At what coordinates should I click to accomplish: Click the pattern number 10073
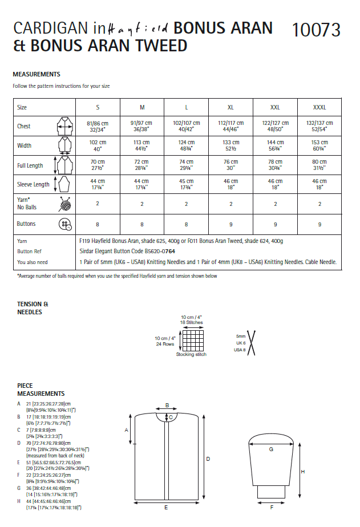pyautogui.click(x=315, y=30)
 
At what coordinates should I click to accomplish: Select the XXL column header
pyautogui.click(x=275, y=107)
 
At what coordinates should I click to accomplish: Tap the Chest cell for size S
pyautogui.click(x=97, y=126)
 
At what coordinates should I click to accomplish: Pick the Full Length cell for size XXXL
pyautogui.click(x=319, y=165)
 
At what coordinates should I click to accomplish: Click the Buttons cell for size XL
pyautogui.click(x=230, y=224)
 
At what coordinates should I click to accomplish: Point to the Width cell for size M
pyautogui.click(x=142, y=145)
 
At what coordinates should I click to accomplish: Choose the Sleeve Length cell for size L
pyautogui.click(x=187, y=184)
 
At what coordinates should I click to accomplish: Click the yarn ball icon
pyautogui.click(x=64, y=204)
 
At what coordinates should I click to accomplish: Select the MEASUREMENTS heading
pyautogui.click(x=37, y=74)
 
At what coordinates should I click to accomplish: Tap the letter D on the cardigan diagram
pyautogui.click(x=208, y=459)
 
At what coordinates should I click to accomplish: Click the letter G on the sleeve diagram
pyautogui.click(x=271, y=449)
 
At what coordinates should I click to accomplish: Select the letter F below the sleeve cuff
pyautogui.click(x=271, y=506)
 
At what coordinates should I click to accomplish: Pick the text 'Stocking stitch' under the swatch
pyautogui.click(x=191, y=354)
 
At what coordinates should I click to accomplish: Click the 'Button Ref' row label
pyautogui.click(x=29, y=252)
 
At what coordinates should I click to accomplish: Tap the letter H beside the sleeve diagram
pyautogui.click(x=302, y=472)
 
